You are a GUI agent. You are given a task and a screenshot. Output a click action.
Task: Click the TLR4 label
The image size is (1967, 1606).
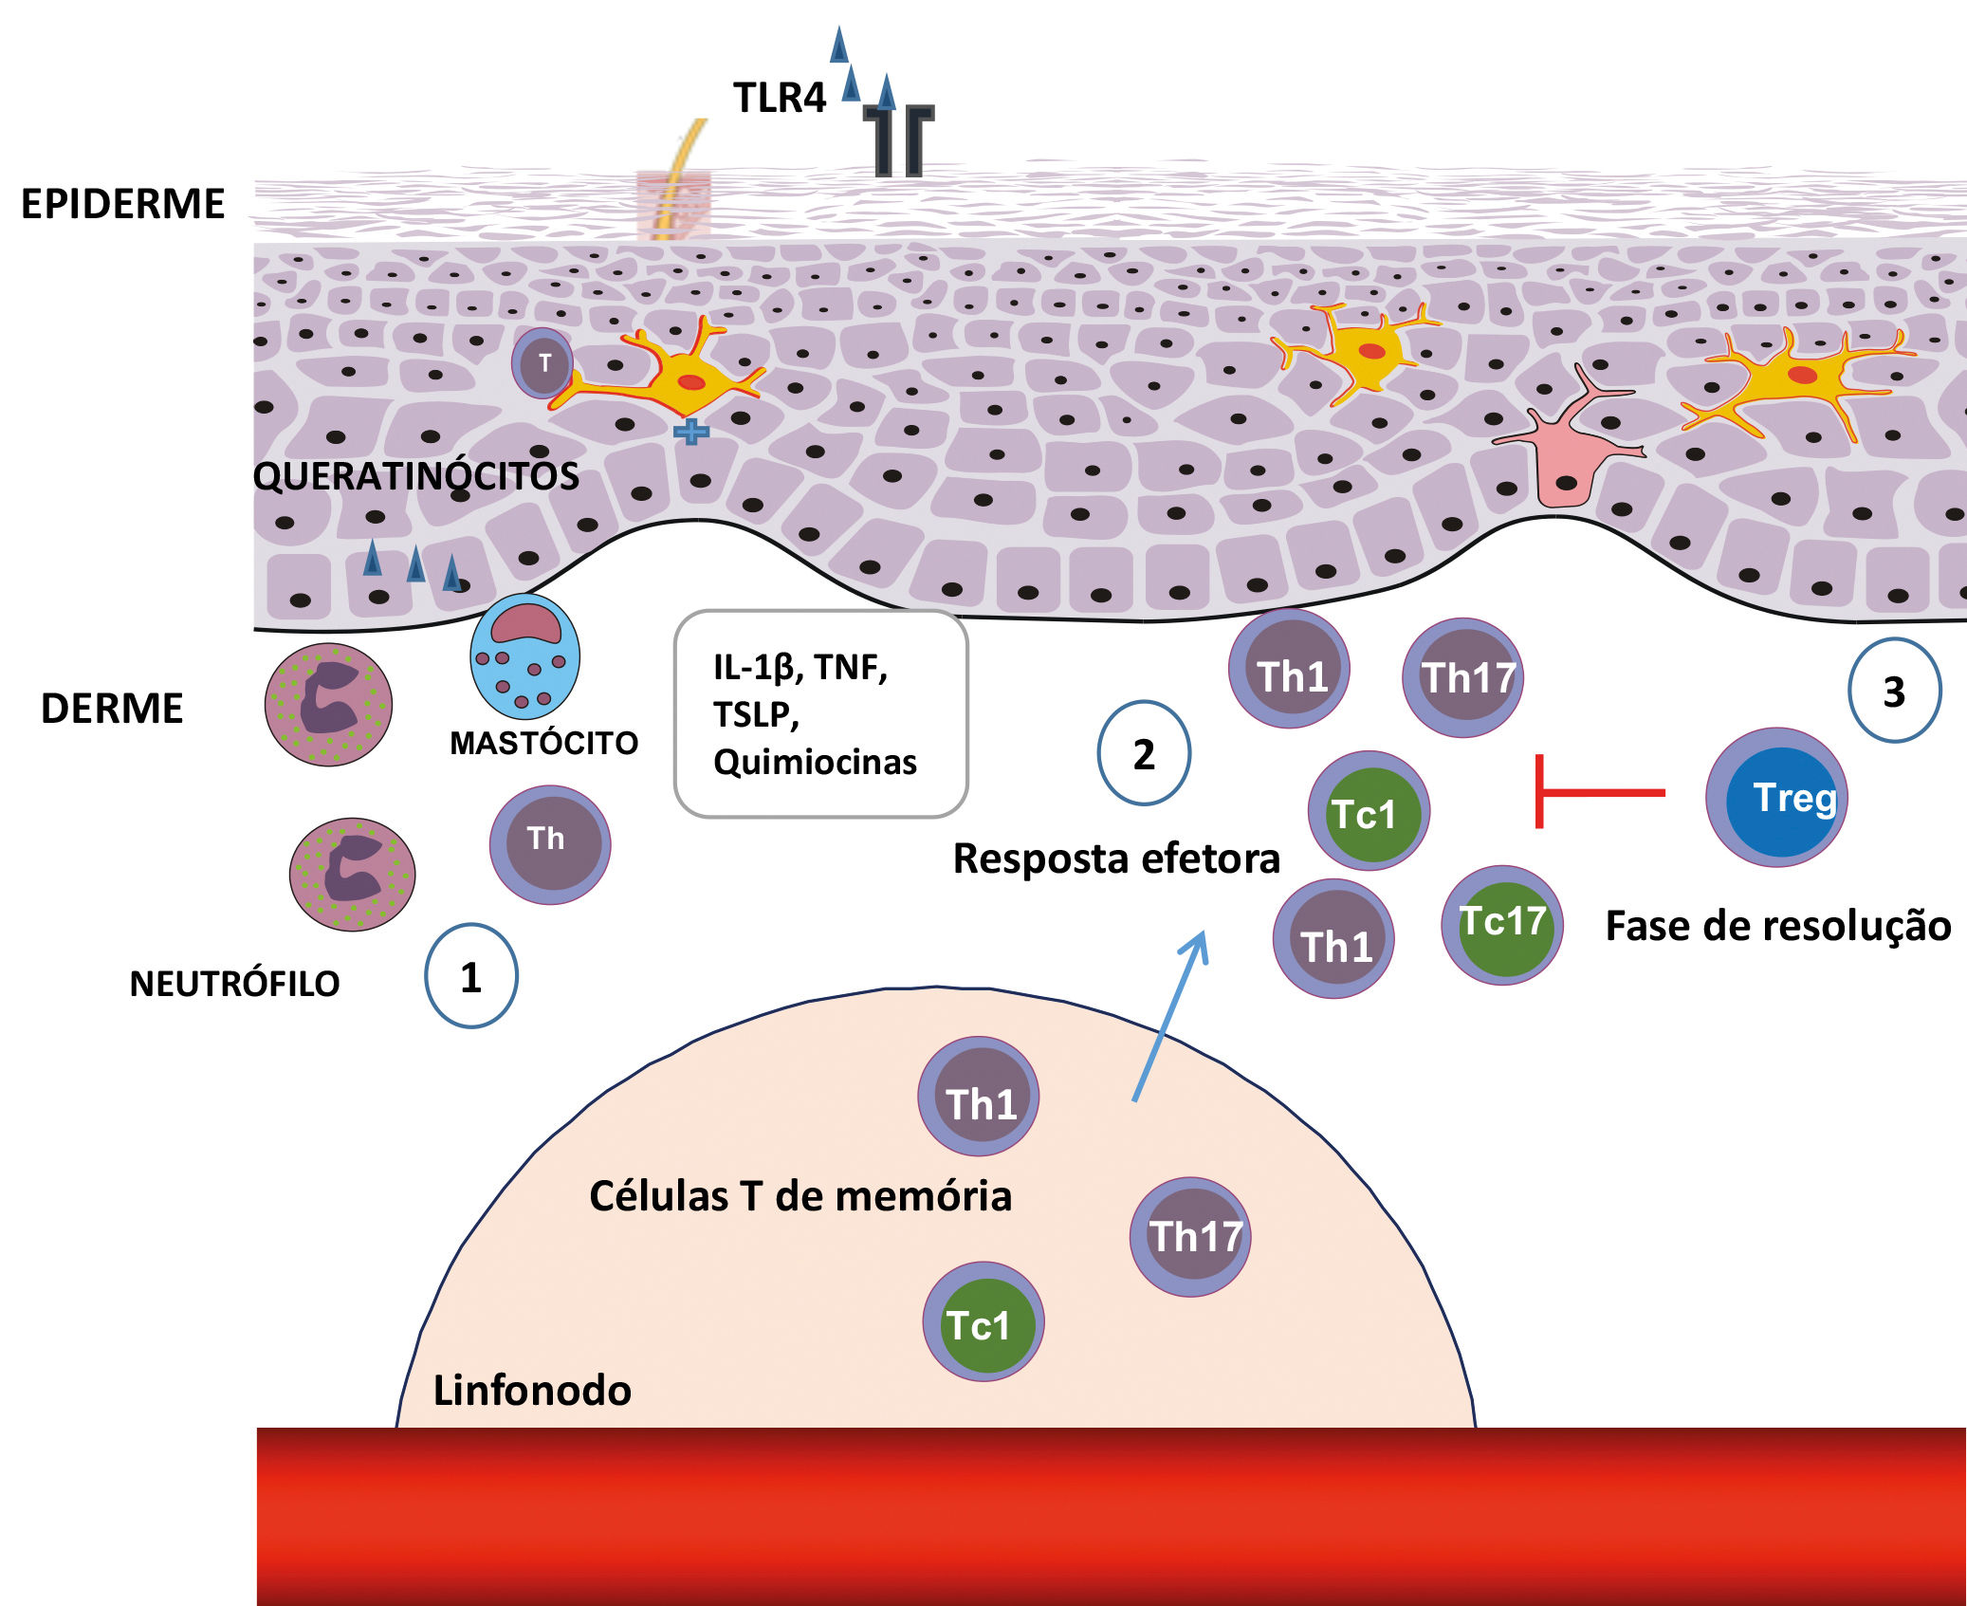pyautogui.click(x=780, y=98)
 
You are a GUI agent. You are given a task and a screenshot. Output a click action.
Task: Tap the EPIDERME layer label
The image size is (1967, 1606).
pyautogui.click(x=122, y=204)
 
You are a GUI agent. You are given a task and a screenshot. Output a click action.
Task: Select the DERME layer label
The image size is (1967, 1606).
pyautogui.click(x=112, y=709)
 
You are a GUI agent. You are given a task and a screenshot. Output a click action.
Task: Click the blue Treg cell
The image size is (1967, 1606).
pyautogui.click(x=1777, y=797)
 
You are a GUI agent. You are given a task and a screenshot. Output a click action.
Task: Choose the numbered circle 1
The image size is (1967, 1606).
pyautogui.click(x=470, y=976)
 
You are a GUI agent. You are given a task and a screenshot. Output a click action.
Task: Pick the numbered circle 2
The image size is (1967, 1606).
pyautogui.click(x=1144, y=753)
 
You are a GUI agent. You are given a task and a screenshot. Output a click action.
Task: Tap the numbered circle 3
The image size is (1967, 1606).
pyautogui.click(x=1894, y=691)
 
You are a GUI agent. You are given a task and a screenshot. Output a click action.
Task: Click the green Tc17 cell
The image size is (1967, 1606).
pyautogui.click(x=1502, y=924)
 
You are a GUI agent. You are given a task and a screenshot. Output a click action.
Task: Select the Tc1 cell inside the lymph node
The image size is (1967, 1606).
pyautogui.click(x=983, y=1321)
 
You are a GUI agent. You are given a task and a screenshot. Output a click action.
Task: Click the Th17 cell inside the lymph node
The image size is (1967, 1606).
pyautogui.click(x=1191, y=1236)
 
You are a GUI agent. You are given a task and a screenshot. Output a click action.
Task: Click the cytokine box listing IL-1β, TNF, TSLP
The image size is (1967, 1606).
pyautogui.click(x=819, y=714)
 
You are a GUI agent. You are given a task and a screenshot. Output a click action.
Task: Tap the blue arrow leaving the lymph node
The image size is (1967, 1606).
pyautogui.click(x=1169, y=1015)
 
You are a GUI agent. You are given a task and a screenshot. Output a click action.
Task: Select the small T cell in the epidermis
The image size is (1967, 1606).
pyautogui.click(x=543, y=363)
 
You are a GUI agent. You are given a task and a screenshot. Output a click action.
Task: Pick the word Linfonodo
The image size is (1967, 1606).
pyautogui.click(x=532, y=1391)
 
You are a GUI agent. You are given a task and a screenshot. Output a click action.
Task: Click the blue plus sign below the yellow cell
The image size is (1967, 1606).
pyautogui.click(x=691, y=432)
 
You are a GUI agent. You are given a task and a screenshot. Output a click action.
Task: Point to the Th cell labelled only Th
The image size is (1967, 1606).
pyautogui.click(x=550, y=843)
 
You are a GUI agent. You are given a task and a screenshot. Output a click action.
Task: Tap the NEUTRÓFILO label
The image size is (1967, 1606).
pyautogui.click(x=234, y=984)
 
